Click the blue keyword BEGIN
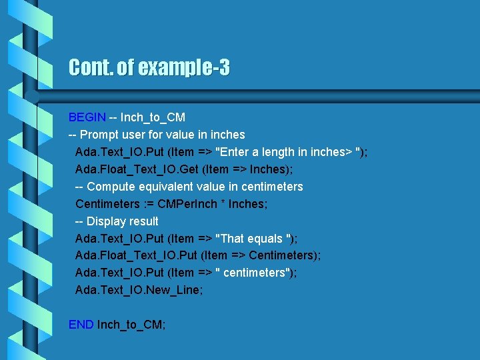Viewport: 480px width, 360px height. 87,117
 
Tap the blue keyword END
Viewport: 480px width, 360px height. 81,325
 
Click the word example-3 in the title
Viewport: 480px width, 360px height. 189,68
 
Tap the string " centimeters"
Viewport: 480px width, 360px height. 257,273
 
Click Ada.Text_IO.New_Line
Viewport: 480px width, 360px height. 139,291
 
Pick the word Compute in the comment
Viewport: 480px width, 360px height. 111,187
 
